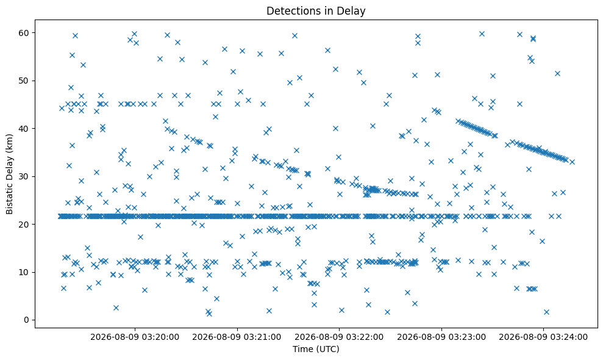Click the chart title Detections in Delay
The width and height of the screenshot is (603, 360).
[x=316, y=11]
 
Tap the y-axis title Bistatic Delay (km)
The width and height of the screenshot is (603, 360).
[x=9, y=174]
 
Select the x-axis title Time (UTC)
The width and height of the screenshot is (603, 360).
[x=316, y=349]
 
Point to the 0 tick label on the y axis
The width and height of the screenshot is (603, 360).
[x=27, y=320]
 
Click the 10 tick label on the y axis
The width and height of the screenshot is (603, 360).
[x=24, y=272]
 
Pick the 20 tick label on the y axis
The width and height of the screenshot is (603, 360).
[x=24, y=224]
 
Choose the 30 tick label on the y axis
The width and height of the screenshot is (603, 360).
[x=24, y=176]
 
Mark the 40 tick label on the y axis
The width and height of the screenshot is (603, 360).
[x=24, y=129]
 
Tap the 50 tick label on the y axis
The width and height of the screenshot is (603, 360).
[x=24, y=81]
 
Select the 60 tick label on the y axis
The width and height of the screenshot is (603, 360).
[x=24, y=33]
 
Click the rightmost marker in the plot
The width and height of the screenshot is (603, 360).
[x=573, y=162]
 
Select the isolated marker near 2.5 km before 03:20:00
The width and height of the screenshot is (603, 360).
[x=116, y=308]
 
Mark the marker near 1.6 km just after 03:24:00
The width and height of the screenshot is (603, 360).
[x=546, y=312]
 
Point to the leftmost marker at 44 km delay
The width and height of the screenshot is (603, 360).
[x=62, y=108]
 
